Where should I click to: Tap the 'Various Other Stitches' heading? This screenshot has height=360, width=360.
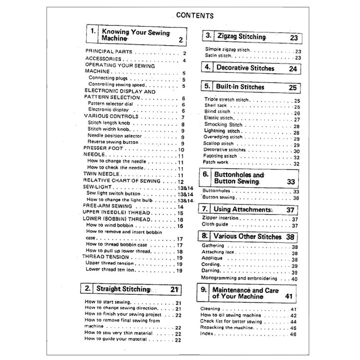[247, 236]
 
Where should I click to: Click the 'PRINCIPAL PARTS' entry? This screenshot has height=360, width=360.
[109, 51]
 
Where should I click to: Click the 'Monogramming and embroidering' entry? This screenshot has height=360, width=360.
[239, 278]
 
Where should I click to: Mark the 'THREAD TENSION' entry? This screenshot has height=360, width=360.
[106, 257]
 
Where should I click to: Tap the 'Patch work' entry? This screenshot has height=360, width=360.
[216, 164]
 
